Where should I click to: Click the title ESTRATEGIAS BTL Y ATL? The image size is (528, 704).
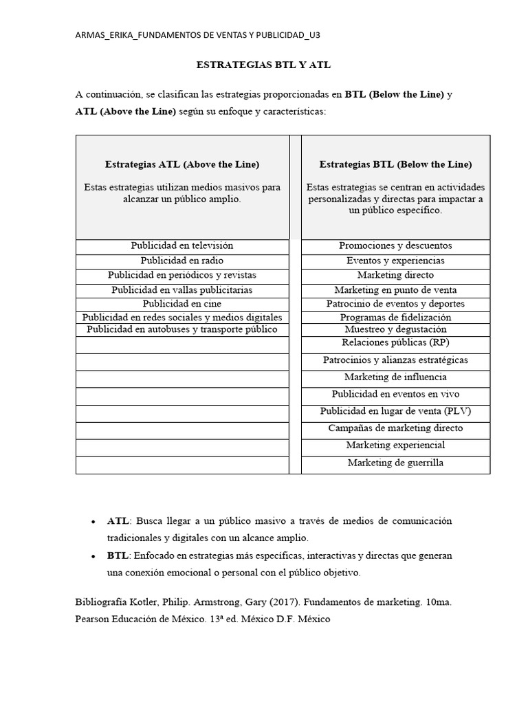(x=264, y=65)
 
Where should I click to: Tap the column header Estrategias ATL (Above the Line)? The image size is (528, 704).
(x=182, y=164)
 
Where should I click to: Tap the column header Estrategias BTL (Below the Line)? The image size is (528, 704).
(x=395, y=164)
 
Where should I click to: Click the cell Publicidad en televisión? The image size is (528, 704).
(x=182, y=245)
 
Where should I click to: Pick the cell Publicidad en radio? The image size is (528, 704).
(x=182, y=261)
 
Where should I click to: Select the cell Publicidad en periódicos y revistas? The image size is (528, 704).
(x=182, y=275)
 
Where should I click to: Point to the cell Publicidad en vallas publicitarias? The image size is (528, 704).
(x=182, y=290)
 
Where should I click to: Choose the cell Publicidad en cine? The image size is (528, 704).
(x=182, y=303)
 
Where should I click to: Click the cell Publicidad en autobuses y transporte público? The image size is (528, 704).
(x=182, y=329)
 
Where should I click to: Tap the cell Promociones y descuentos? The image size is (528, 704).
(x=395, y=245)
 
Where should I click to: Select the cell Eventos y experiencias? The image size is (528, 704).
(x=395, y=261)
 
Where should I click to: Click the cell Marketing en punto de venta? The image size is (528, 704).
(x=395, y=290)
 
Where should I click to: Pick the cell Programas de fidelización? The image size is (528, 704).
(x=395, y=317)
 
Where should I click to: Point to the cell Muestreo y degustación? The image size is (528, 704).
(x=395, y=329)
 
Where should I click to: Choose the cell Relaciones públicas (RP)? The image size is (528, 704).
(x=395, y=342)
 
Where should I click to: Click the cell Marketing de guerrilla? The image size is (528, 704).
(x=395, y=463)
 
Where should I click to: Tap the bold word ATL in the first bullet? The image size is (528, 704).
(x=118, y=521)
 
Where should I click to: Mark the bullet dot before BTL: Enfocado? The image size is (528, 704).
(x=93, y=556)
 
